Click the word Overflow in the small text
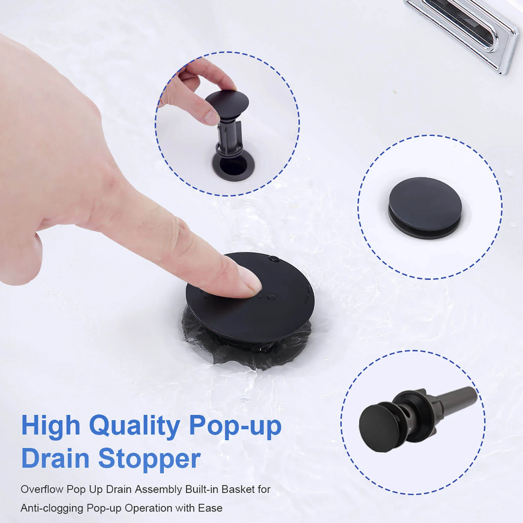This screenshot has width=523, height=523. [x=42, y=489]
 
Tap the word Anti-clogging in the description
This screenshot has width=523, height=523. [x=52, y=508]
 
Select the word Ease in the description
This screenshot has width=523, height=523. [x=210, y=508]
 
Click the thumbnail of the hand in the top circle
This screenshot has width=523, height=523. [x=211, y=117]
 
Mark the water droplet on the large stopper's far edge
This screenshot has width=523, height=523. [x=274, y=259]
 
